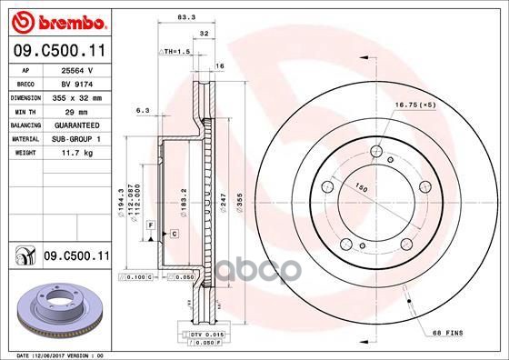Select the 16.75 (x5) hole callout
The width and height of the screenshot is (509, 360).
coord(414,106)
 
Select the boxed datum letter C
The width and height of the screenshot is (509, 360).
coord(173,234)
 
